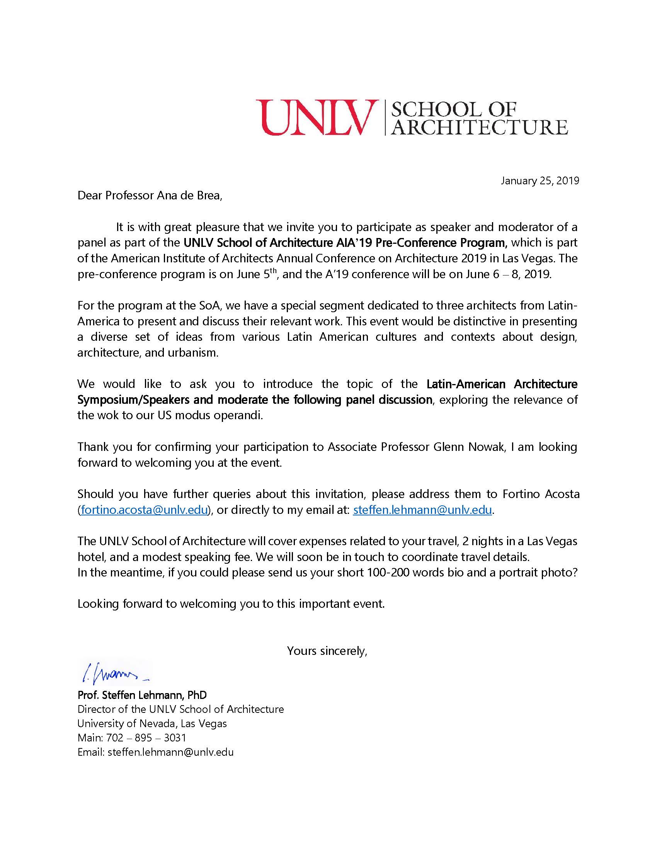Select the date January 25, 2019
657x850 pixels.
click(540, 180)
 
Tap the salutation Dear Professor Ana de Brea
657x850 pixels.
click(150, 195)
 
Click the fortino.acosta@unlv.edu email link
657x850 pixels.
click(144, 510)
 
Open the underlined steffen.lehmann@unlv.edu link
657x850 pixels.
click(422, 510)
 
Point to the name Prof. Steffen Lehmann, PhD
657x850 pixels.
click(142, 695)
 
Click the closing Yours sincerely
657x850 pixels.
click(327, 651)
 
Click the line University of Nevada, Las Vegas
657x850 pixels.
click(152, 724)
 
